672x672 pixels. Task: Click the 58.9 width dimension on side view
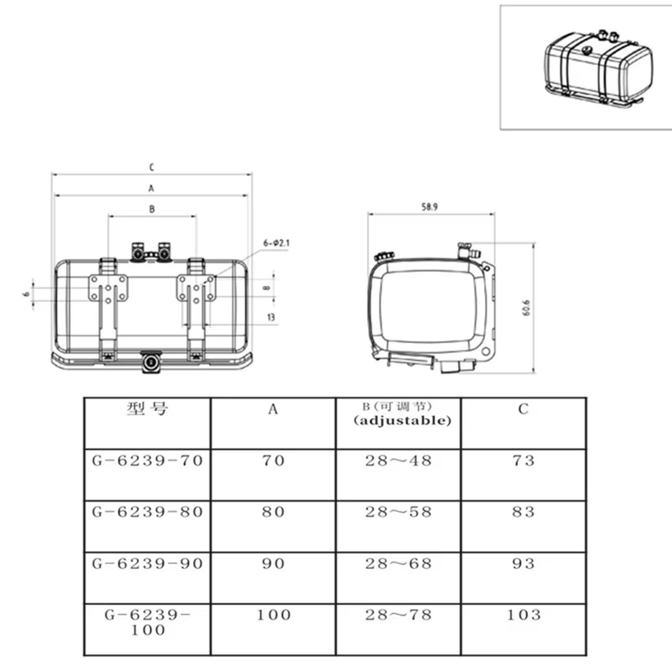point(429,207)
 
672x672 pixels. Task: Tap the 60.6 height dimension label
point(528,307)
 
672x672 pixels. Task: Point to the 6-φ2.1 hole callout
point(276,243)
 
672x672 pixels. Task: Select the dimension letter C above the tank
point(152,167)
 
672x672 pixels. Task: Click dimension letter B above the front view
point(152,209)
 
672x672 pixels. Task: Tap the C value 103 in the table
point(523,615)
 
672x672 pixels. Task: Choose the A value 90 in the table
point(273,564)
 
